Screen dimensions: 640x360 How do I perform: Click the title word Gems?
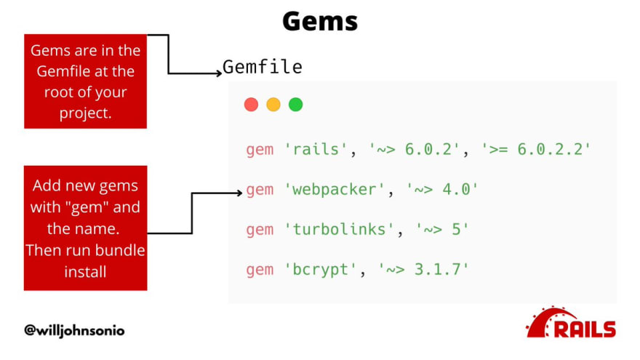pos(320,21)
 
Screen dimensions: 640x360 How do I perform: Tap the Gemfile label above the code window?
pos(263,67)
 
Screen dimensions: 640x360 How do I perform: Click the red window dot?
pos(251,105)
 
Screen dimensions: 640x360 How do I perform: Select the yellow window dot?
pos(273,105)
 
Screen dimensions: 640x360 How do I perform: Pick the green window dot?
pos(295,105)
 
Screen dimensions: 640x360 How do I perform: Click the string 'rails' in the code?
pos(316,149)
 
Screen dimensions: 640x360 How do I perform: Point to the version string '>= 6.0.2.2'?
pos(536,149)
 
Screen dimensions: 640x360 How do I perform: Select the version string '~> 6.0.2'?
pos(414,149)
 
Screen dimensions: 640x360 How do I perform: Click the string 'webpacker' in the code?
pos(335,190)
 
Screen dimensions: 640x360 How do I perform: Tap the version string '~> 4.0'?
pos(442,190)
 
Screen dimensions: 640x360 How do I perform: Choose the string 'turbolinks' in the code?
pos(339,229)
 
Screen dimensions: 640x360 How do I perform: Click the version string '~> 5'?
pos(442,229)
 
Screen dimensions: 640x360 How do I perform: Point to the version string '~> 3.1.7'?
pos(423,270)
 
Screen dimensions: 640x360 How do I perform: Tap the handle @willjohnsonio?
pos(74,330)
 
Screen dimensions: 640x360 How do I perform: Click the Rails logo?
pos(571,322)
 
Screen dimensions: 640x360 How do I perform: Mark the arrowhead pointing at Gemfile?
pos(219,73)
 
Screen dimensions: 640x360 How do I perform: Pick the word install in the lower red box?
pos(85,272)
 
